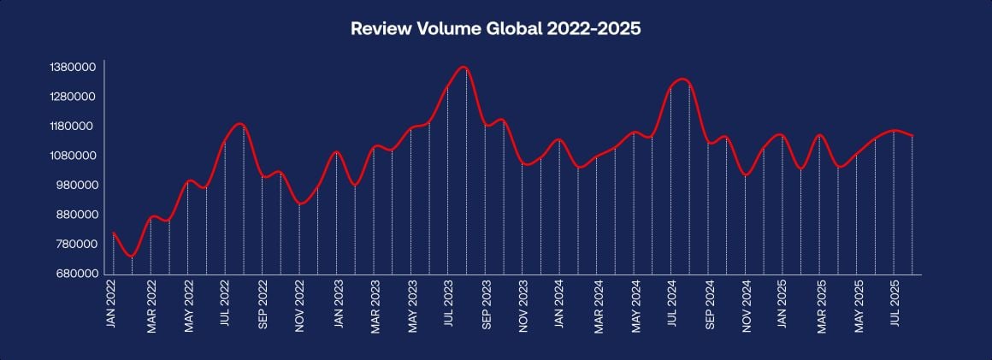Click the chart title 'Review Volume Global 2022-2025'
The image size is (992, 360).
pyautogui.click(x=496, y=28)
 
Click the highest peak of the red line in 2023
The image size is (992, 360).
pyautogui.click(x=464, y=67)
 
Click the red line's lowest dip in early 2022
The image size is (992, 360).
pyautogui.click(x=131, y=256)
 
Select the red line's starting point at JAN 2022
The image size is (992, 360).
pyautogui.click(x=114, y=233)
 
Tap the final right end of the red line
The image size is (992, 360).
pyautogui.click(x=912, y=135)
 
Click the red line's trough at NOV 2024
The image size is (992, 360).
pyautogui.click(x=746, y=175)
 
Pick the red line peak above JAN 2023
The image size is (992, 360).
pyautogui.click(x=337, y=151)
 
